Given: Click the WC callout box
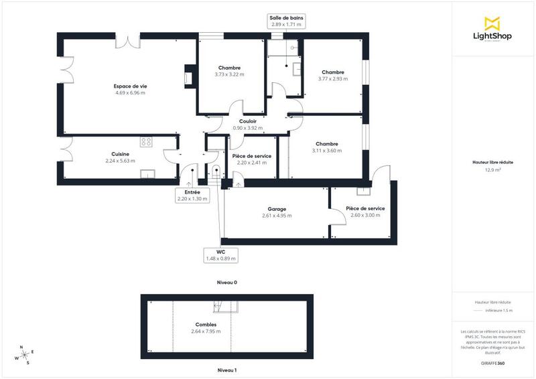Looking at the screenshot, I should pos(220,254).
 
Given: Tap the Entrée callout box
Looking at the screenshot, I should pos(192,195).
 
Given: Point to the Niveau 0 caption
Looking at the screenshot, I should pos(226,283).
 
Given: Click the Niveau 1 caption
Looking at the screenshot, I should pos(226,370).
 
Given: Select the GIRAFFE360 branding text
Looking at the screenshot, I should pos(492,362).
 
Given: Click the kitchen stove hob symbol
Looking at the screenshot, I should pos(146,141).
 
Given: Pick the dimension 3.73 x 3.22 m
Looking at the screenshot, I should pos(229,74).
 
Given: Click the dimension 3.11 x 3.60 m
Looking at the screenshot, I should pos(326,151).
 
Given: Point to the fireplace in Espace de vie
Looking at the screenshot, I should pos(189,75).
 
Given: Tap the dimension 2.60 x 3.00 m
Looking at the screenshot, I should pos(365,215).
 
